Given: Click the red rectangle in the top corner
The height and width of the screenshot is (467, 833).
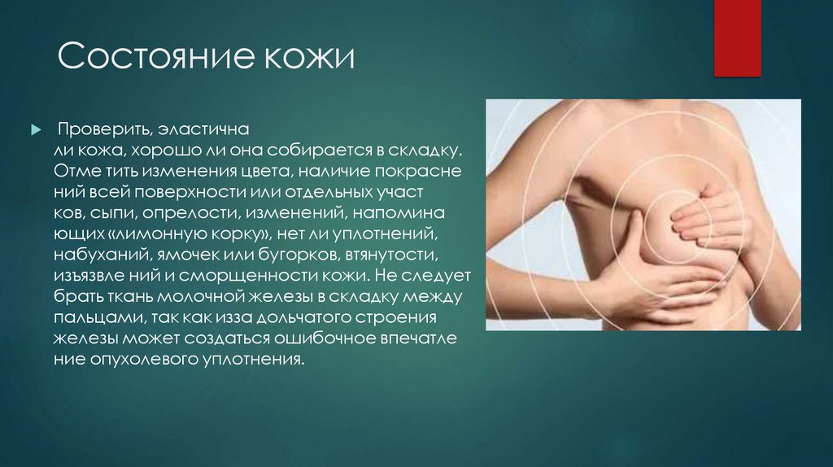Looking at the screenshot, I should point(737,38).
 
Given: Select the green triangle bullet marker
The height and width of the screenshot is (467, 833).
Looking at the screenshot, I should point(35,130).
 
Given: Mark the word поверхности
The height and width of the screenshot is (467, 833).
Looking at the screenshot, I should point(204,193).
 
